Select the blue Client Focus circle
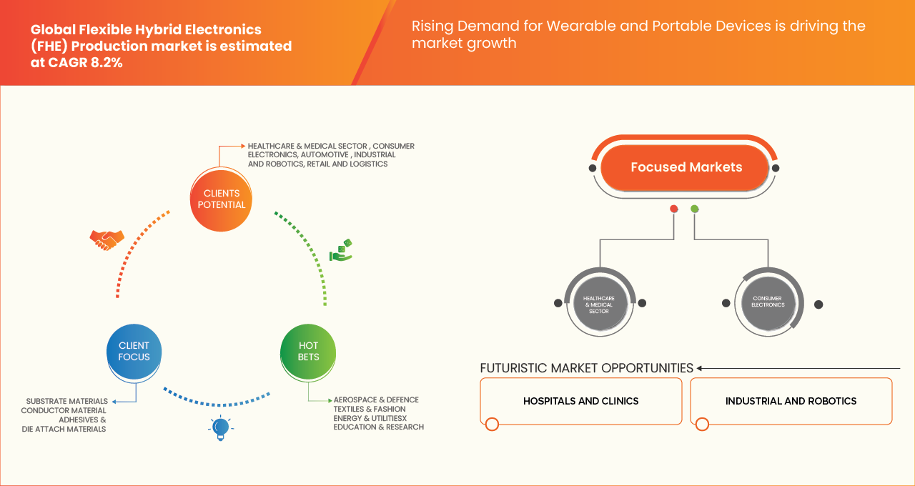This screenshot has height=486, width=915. (x=134, y=351)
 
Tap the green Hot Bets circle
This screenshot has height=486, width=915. (x=309, y=351)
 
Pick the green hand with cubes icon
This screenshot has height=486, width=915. (x=341, y=250)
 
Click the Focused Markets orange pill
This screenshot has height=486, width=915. (x=686, y=167)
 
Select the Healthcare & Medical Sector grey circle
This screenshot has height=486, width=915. (x=599, y=303)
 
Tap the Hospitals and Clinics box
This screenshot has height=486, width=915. (x=580, y=401)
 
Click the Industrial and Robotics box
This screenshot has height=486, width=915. (x=791, y=401)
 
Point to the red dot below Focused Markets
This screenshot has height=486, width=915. (x=673, y=209)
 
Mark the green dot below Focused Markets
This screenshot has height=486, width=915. (x=695, y=209)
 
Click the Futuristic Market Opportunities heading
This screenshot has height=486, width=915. (x=586, y=368)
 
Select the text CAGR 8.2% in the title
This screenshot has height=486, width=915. (x=91, y=62)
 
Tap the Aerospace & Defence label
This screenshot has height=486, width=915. (x=376, y=400)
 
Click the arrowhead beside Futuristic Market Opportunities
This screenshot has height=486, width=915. (x=700, y=368)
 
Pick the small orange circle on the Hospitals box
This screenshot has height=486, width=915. (x=492, y=425)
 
